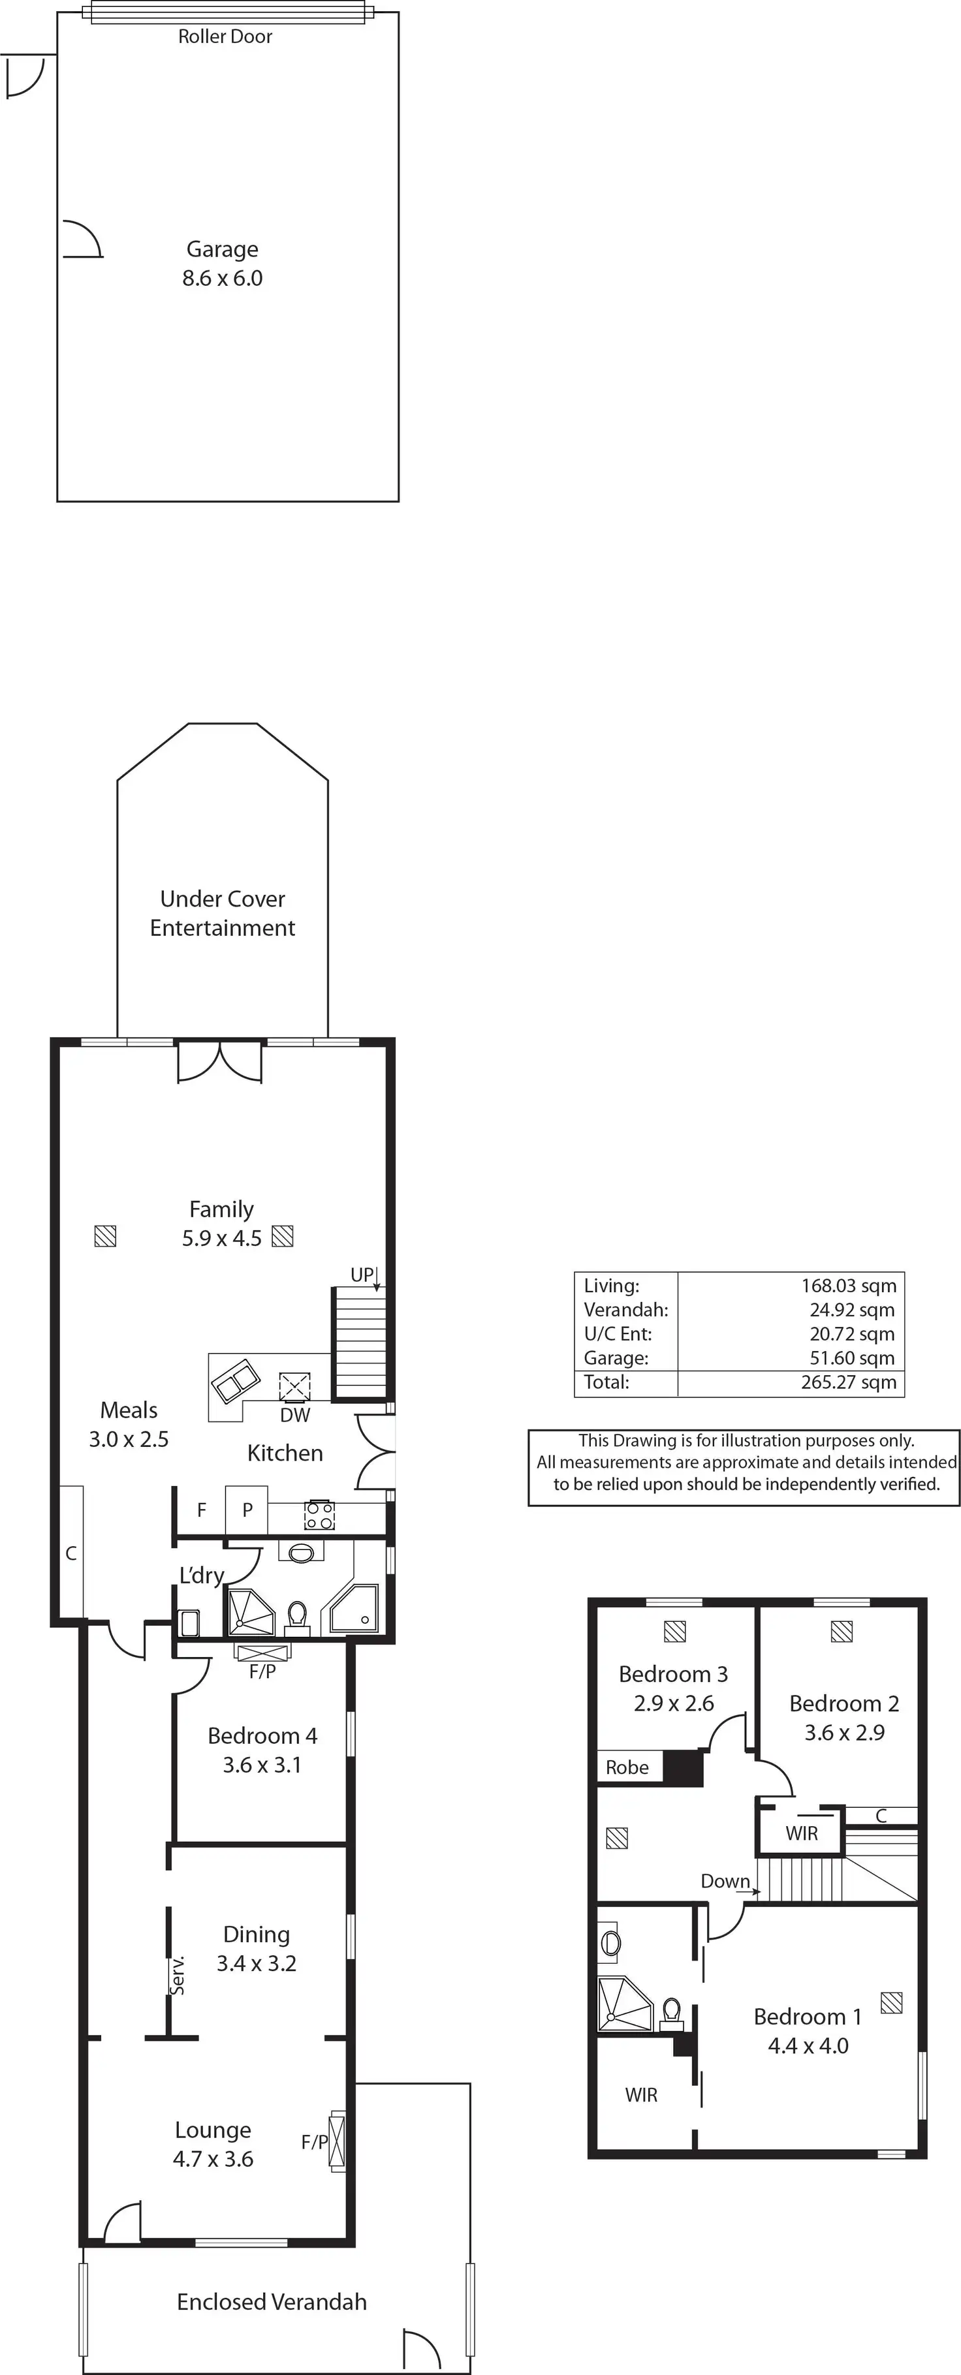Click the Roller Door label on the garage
coord(225,36)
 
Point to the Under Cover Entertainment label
coord(222,913)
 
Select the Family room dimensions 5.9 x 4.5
coord(222,1238)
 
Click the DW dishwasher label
coord(295,1415)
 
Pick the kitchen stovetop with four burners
coord(319,1515)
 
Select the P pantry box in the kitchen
coord(246,1510)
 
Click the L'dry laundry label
coord(201,1576)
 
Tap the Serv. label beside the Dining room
coord(179,1975)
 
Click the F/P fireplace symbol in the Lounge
coord(338,2141)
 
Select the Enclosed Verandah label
coord(272,2302)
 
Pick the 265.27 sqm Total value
coord(849,1382)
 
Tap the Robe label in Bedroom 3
coord(627,1767)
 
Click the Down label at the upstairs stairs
coord(725,1882)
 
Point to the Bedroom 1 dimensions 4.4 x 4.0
coord(808,2046)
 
